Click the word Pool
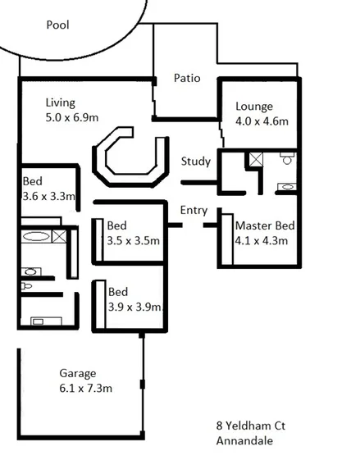pyautogui.click(x=57, y=25)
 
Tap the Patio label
pyautogui.click(x=188, y=79)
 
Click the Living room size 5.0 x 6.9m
pyautogui.click(x=72, y=118)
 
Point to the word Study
pyautogui.click(x=196, y=162)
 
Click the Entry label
pyautogui.click(x=194, y=210)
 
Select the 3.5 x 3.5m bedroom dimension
pyautogui.click(x=134, y=240)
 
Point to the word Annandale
pyautogui.click(x=244, y=441)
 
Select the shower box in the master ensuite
pyautogui.click(x=256, y=159)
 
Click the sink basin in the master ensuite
pyautogui.click(x=287, y=187)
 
